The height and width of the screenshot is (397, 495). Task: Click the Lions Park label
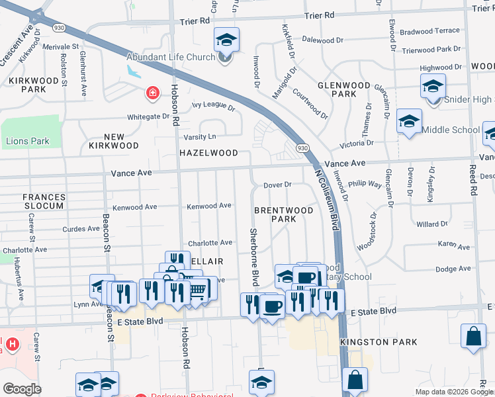click(27, 141)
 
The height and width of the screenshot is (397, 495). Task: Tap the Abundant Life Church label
click(171, 57)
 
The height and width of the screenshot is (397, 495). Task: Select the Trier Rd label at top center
click(195, 21)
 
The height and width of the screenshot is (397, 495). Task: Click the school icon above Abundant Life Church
click(226, 41)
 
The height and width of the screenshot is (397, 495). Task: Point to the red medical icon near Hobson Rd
click(153, 93)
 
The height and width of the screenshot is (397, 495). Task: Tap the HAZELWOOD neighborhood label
click(208, 153)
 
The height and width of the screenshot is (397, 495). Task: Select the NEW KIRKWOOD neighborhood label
click(114, 141)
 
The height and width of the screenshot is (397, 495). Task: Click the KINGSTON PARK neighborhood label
click(379, 342)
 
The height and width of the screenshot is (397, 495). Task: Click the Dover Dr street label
click(277, 185)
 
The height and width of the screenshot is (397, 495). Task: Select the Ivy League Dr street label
click(213, 105)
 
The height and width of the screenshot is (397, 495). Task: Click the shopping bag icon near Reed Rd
click(475, 335)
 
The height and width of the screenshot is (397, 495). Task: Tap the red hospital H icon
click(11, 344)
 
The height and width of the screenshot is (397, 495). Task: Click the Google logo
click(21, 389)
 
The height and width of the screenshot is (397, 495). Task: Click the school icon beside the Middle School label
click(409, 122)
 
